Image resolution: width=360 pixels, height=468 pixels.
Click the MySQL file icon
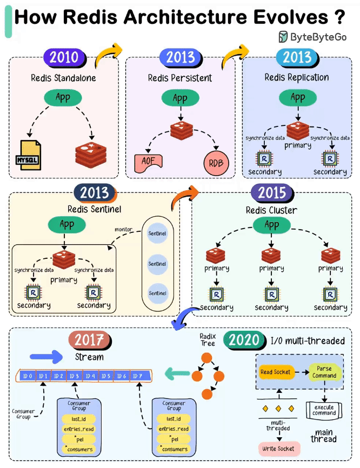pyautogui.click(x=28, y=155)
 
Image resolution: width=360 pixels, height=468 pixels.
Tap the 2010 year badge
pyautogui.click(x=65, y=57)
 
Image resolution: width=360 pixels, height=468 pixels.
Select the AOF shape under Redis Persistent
pyautogui.click(x=148, y=163)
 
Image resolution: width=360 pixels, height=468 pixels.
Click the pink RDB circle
pyautogui.click(x=216, y=163)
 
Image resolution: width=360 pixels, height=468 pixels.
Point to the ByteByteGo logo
pyautogui.click(x=312, y=37)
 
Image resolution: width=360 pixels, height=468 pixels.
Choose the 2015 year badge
pyautogui.click(x=272, y=193)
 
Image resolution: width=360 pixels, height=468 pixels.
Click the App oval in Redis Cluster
pyautogui.click(x=272, y=225)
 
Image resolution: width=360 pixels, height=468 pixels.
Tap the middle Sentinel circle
pyautogui.click(x=157, y=264)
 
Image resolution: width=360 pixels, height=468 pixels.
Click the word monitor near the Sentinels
pyautogui.click(x=124, y=230)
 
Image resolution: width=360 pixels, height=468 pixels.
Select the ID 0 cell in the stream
pyautogui.click(x=28, y=376)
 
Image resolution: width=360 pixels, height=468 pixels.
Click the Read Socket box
pyautogui.click(x=275, y=372)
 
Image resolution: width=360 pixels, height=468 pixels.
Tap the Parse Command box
pyautogui.click(x=324, y=372)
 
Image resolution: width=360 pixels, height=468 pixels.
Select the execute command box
pyautogui.click(x=324, y=410)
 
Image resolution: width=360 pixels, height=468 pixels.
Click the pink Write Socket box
pyautogui.click(x=278, y=449)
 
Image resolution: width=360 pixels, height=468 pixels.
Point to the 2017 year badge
pyautogui.click(x=90, y=340)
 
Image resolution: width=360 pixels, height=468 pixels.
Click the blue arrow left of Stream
pyautogui.click(x=46, y=357)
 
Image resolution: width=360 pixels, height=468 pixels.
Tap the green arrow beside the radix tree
pyautogui.click(x=177, y=373)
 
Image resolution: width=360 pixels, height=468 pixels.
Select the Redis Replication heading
pyautogui.click(x=297, y=78)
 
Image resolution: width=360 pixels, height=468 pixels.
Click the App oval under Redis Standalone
pyautogui.click(x=63, y=98)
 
